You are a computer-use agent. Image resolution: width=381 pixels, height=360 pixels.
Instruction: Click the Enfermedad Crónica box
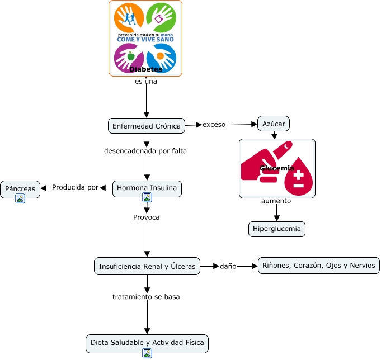pyautogui.click(x=147, y=126)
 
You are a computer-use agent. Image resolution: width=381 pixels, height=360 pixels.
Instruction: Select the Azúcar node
pyautogui.click(x=274, y=123)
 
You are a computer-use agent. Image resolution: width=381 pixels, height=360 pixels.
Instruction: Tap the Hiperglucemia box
pyautogui.click(x=277, y=229)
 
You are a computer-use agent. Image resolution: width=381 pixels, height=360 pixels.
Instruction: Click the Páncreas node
pyautogui.click(x=20, y=189)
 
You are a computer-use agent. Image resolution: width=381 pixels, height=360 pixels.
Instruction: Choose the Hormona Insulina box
pyautogui.click(x=147, y=188)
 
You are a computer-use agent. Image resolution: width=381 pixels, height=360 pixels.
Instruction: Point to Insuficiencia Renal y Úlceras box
pyautogui.click(x=147, y=267)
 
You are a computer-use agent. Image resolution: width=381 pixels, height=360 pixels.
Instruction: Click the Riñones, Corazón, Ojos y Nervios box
pyautogui.click(x=319, y=266)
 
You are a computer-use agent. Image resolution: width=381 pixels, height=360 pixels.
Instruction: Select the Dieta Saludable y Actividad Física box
pyautogui.click(x=147, y=342)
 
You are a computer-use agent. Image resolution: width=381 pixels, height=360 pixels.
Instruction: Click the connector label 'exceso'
pyautogui.click(x=214, y=124)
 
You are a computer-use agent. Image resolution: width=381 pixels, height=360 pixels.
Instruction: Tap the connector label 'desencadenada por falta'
pyautogui.click(x=145, y=151)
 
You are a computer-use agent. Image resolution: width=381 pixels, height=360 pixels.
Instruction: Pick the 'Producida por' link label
pyautogui.click(x=75, y=187)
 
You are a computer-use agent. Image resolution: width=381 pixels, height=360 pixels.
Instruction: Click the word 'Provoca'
pyautogui.click(x=146, y=217)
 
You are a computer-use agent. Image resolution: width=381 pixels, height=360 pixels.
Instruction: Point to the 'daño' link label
pyautogui.click(x=228, y=266)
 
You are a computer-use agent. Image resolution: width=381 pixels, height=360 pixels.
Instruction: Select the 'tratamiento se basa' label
pyautogui.click(x=146, y=296)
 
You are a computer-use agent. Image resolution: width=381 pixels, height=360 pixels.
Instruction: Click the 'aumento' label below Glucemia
pyautogui.click(x=276, y=201)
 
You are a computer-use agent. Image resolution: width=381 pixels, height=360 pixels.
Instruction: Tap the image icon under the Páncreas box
pyautogui.click(x=20, y=198)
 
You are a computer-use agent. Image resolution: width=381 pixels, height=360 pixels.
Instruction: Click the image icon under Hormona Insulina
pyautogui.click(x=147, y=197)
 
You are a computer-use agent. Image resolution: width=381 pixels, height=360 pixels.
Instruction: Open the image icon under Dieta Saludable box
pyautogui.click(x=147, y=353)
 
